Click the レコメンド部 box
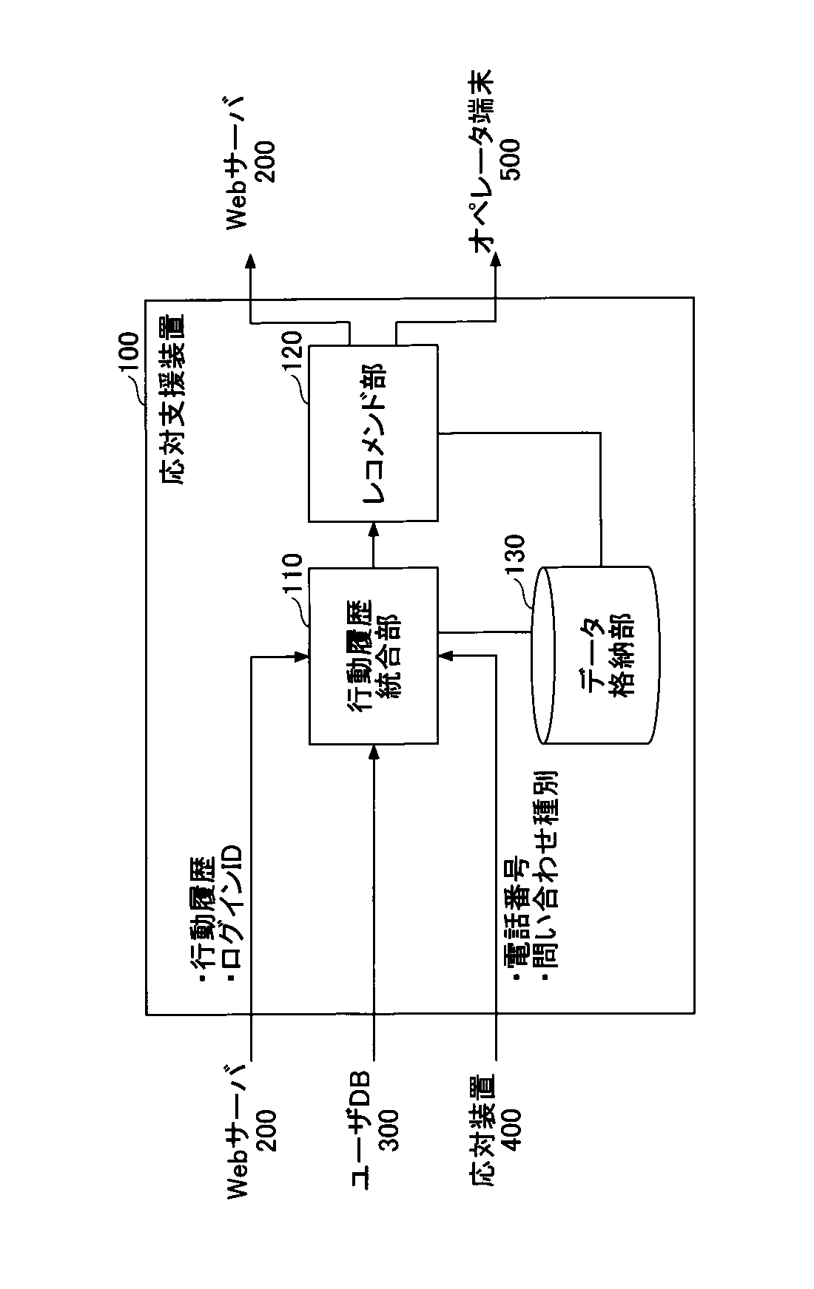click(x=373, y=432)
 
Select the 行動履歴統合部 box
click(x=373, y=655)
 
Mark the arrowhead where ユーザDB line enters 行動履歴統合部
click(x=373, y=750)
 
